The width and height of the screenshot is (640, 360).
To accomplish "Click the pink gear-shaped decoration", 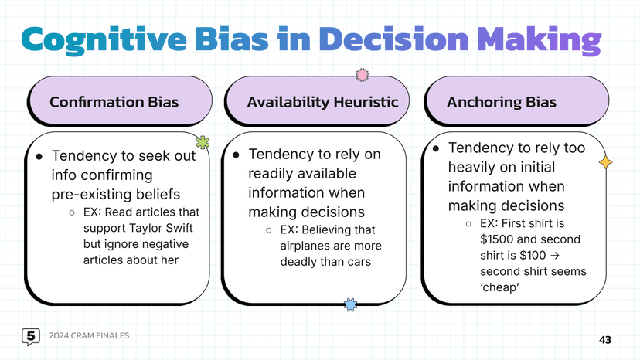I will tap(361, 75).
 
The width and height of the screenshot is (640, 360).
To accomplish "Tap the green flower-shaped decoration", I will tap(203, 141).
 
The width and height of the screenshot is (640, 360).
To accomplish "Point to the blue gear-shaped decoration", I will tap(350, 304).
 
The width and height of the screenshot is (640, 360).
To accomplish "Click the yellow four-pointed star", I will tap(606, 162).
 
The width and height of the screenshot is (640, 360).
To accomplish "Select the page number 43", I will tap(604, 339).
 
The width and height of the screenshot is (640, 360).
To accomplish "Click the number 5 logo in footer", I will tap(31, 336).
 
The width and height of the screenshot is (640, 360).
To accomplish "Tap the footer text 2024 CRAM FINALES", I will tap(89, 336).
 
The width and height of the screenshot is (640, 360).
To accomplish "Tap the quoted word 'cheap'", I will tap(499, 287).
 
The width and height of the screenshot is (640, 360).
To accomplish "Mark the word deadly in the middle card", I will tap(299, 262).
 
